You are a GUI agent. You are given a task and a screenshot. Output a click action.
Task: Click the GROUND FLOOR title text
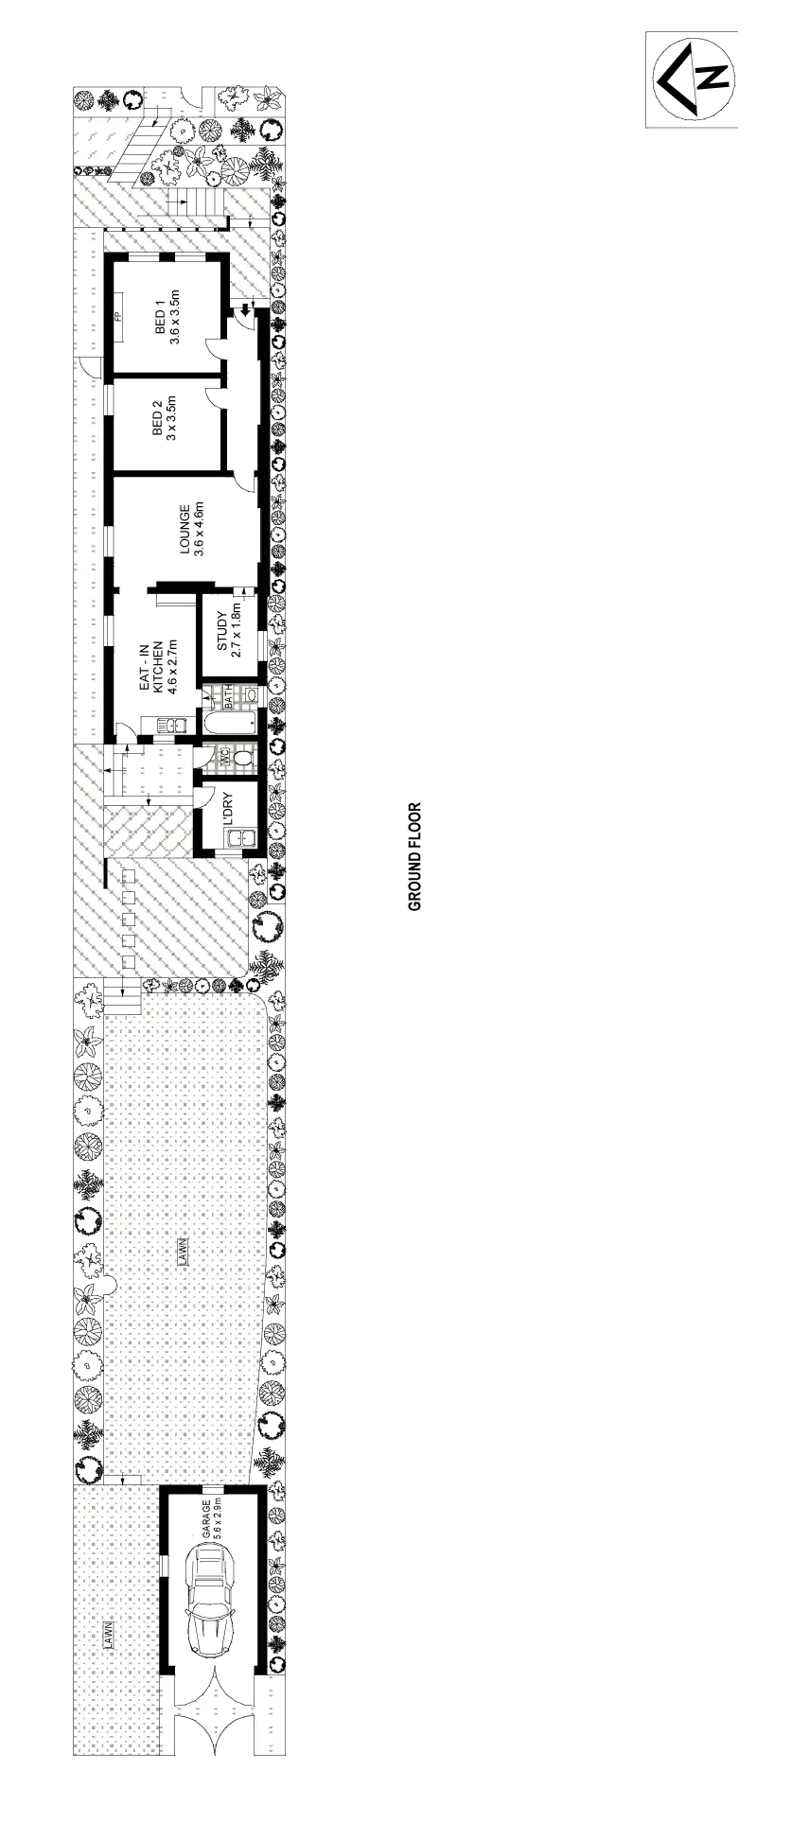pyautogui.click(x=416, y=857)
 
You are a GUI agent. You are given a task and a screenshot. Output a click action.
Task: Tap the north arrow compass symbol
pyautogui.click(x=693, y=79)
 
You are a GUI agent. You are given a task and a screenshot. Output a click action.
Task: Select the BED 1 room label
pyautogui.click(x=167, y=320)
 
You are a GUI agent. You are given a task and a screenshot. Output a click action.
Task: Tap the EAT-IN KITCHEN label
pyautogui.click(x=158, y=668)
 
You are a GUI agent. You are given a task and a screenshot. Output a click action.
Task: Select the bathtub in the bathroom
pyautogui.click(x=229, y=724)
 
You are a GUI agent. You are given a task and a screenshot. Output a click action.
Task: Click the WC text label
pyautogui.click(x=225, y=758)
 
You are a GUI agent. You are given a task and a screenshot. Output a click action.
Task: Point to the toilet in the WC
pyautogui.click(x=244, y=758)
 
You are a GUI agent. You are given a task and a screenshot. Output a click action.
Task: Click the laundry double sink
pyautogui.click(x=242, y=837)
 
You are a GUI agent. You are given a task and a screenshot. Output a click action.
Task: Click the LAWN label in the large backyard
pyautogui.click(x=182, y=1252)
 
